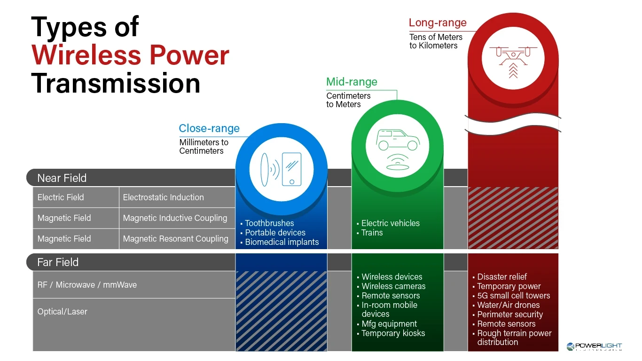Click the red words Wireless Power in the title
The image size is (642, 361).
pyautogui.click(x=130, y=55)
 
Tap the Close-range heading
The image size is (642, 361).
pyautogui.click(x=209, y=128)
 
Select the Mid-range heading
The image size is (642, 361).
pyautogui.click(x=352, y=82)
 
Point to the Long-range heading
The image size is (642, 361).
pyautogui.click(x=438, y=23)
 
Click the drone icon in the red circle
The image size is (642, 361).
pyautogui.click(x=513, y=62)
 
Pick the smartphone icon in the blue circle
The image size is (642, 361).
pyautogui.click(x=292, y=169)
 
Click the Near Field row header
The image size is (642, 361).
pyautogui.click(x=62, y=178)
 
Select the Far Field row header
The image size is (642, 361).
pyautogui.click(x=58, y=262)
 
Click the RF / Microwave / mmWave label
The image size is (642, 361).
pyautogui.click(x=87, y=285)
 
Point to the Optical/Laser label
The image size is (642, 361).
pyautogui.click(x=62, y=312)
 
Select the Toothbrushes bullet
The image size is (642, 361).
pyautogui.click(x=267, y=223)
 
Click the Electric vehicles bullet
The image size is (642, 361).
pyautogui.click(x=388, y=223)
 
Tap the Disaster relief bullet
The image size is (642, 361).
pyautogui.click(x=500, y=277)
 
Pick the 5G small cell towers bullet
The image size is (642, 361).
pyautogui.click(x=512, y=296)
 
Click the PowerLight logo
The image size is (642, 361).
pyautogui.click(x=595, y=346)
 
